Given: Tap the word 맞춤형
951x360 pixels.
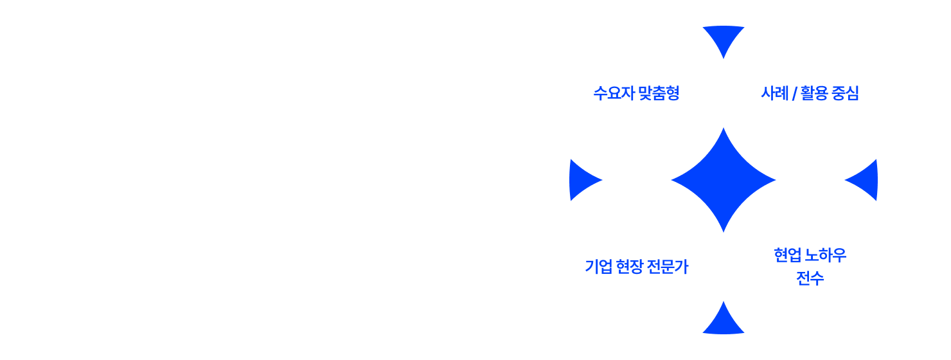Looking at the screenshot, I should coord(659,94).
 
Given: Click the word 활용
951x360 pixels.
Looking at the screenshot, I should coord(814,94).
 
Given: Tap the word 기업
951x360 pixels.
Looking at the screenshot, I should coord(597,267).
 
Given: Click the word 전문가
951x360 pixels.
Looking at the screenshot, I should coord(668,267).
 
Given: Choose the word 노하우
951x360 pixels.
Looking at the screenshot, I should coord(826,256).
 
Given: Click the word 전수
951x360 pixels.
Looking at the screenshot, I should coord(810,279).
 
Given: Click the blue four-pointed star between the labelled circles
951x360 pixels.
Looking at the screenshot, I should coord(724,179).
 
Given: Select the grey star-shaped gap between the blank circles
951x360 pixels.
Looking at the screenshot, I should coord(227,180).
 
